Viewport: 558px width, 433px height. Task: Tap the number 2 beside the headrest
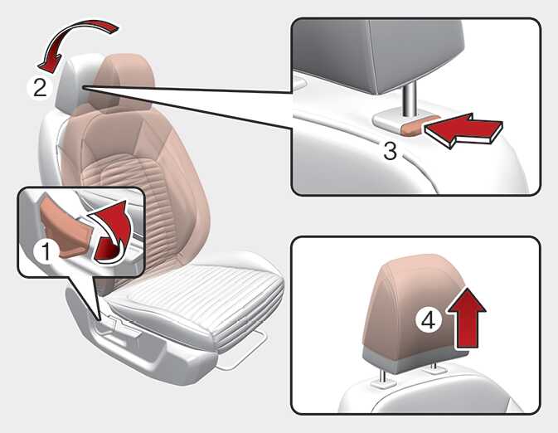[41, 88]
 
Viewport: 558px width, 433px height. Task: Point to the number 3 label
[391, 151]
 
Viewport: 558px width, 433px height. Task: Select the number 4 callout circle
[429, 319]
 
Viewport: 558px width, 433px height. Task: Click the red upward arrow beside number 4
[467, 318]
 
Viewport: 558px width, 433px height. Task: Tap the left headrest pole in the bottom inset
[383, 376]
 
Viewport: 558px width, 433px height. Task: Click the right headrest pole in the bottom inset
[434, 367]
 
